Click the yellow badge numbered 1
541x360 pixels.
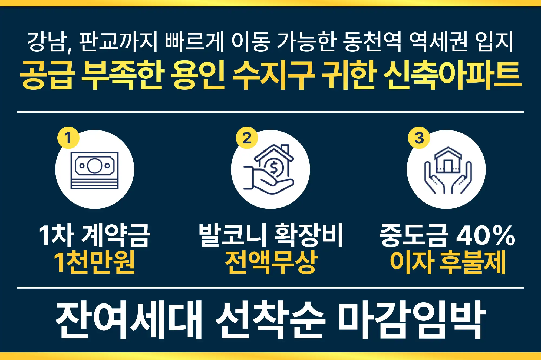68,138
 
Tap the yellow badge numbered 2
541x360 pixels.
247,138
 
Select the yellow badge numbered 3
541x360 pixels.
419,138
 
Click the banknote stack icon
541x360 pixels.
95,170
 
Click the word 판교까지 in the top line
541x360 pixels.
118,42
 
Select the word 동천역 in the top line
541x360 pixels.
372,42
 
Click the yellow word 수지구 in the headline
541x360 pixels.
273,75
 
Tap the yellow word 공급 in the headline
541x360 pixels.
47,75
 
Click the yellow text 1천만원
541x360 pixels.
94,262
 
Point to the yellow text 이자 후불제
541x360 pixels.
448,262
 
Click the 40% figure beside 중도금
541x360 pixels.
485,235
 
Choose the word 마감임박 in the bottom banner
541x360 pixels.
411,319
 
